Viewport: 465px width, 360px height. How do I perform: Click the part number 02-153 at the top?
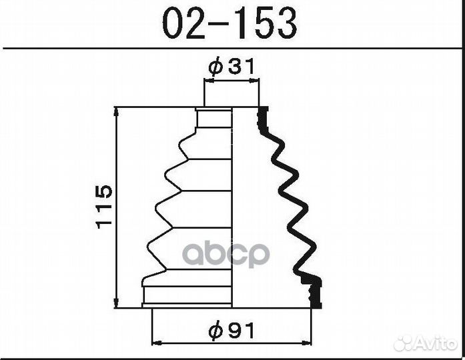coord(230,24)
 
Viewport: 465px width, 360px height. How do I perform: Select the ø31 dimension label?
coord(231,67)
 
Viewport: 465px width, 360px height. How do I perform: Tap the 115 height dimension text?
coord(104,207)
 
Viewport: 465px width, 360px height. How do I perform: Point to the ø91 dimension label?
coord(231,329)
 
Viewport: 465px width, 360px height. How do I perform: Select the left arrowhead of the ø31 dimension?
coord(208,81)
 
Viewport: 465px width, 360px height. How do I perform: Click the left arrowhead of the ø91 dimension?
coord(157,344)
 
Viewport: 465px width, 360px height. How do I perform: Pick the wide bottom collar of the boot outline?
coord(187,293)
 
